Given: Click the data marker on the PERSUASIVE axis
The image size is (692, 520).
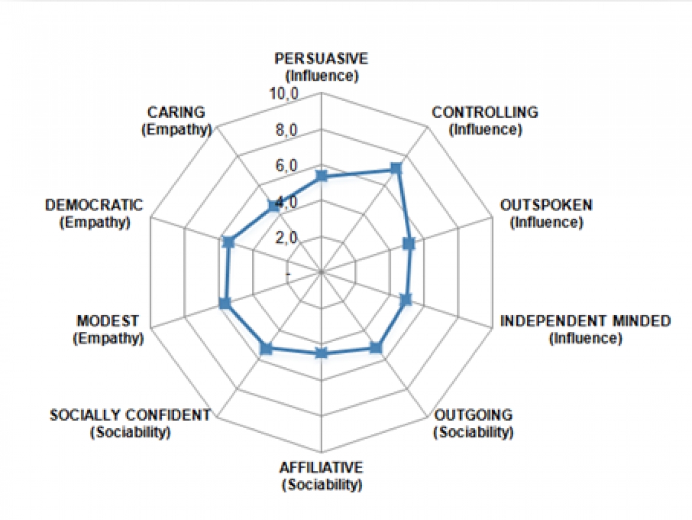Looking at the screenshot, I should point(322,176).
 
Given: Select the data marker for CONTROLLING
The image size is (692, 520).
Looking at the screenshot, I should point(396,169).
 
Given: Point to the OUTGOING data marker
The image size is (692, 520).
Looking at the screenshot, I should point(375,347).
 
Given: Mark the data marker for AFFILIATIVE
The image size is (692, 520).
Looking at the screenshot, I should point(322,353).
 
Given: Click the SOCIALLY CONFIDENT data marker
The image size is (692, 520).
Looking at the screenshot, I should point(266,348).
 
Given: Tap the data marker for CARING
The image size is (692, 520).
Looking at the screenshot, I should point(273,206).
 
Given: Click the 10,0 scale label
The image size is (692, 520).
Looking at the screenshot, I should point(284,95).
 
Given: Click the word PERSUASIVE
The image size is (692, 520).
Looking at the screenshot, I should point(321,58).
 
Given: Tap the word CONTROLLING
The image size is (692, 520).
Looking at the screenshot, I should point(485,112).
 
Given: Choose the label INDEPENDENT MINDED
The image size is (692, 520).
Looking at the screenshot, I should point(585,321).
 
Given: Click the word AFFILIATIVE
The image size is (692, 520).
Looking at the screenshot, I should point(322,467).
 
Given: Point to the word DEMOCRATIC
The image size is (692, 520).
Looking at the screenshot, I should point(94,205).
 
